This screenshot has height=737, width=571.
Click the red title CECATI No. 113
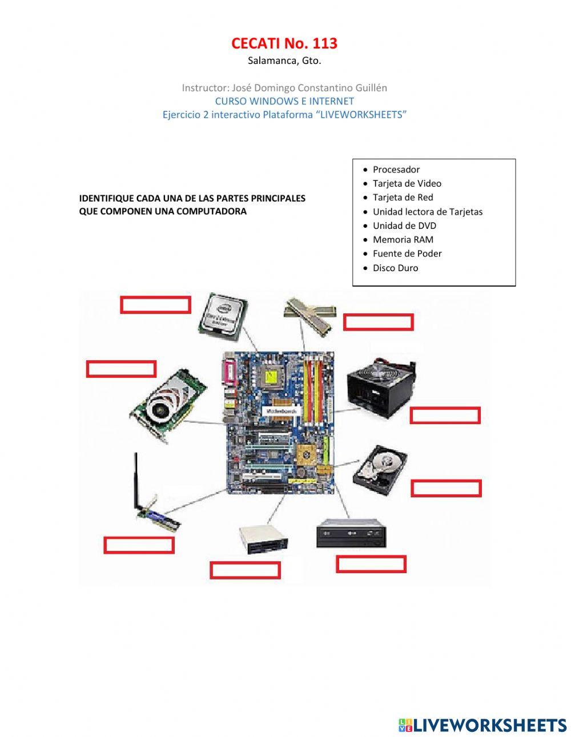284,43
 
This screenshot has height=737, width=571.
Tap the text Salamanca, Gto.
284,61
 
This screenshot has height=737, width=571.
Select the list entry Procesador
396,170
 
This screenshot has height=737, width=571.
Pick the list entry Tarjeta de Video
407,183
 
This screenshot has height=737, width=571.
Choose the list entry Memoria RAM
403,240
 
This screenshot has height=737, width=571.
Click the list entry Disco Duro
395,268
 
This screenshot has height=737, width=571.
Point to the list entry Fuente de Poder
407,253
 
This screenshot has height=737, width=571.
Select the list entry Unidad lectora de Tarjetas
427,212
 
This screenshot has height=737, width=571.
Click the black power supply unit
381,388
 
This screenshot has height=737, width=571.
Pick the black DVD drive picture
351,533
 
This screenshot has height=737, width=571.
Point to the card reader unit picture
263,539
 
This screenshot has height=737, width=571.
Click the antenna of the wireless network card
136,480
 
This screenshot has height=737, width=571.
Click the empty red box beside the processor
155,305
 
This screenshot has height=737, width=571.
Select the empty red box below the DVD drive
371,564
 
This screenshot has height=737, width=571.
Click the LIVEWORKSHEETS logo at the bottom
482,725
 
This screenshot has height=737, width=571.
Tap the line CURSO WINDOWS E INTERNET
284,101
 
